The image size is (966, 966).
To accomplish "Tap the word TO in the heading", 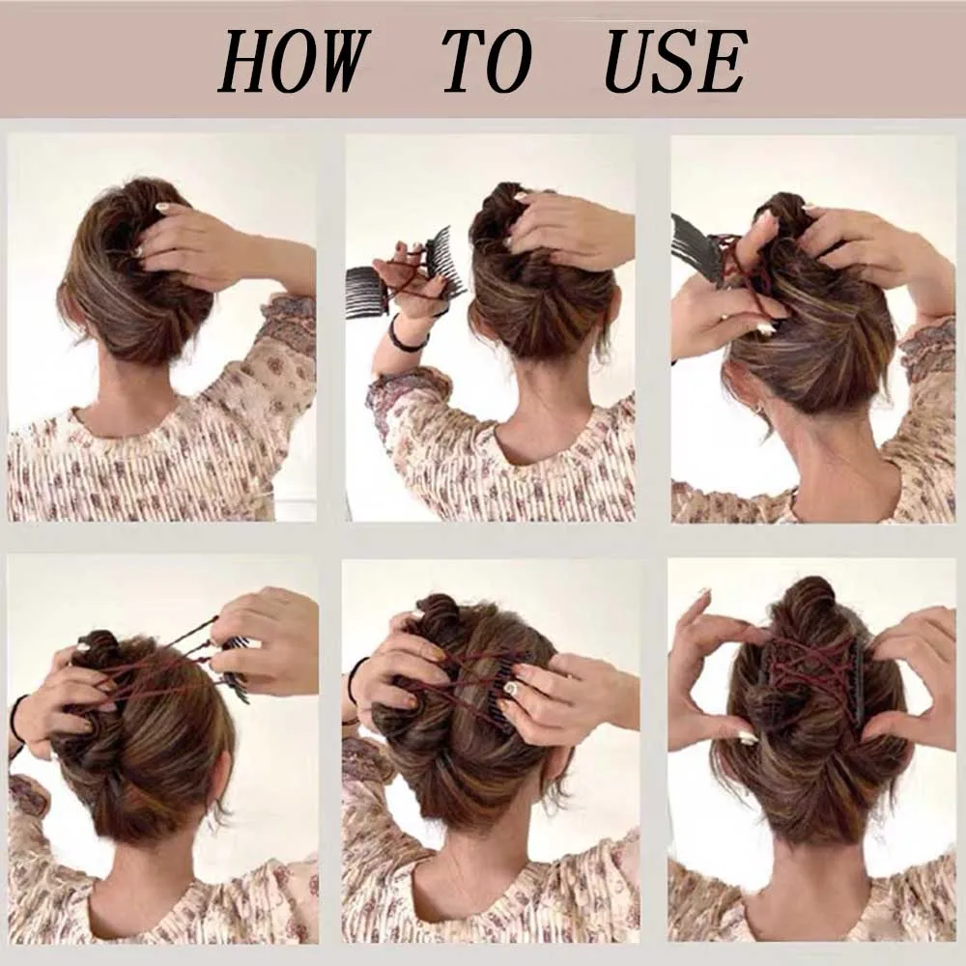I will tap(487, 62).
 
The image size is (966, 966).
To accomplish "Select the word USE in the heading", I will tap(675, 62).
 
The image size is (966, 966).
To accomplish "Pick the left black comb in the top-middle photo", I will tap(366, 292).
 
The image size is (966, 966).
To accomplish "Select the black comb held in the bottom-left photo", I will tap(234, 666).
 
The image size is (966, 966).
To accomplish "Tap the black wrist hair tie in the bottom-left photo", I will tap(16, 721).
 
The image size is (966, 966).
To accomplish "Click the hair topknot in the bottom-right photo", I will tap(810, 603).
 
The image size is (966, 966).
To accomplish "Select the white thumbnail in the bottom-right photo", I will tap(748, 739).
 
